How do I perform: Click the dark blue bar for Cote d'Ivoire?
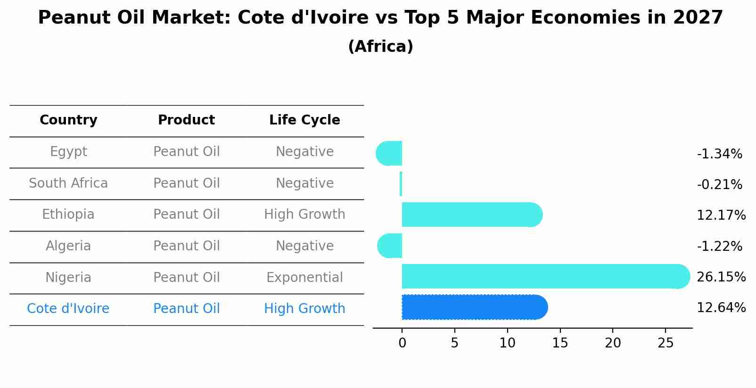(x=474, y=307)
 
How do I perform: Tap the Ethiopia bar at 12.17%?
(x=471, y=215)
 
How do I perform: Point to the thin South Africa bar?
(x=401, y=184)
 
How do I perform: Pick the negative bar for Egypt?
(x=390, y=153)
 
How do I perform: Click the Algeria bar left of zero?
(x=390, y=246)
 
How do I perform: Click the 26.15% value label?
(x=721, y=277)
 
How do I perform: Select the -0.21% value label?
(x=719, y=185)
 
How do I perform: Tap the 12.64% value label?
(x=721, y=308)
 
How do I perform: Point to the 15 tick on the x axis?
(x=560, y=343)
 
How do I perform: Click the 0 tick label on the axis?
(x=402, y=343)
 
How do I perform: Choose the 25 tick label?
(x=666, y=343)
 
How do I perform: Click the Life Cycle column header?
(x=304, y=120)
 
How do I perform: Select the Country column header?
(x=68, y=120)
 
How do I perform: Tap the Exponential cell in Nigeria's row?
(x=304, y=278)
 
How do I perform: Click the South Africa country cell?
(x=68, y=183)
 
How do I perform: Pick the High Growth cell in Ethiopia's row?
(x=304, y=215)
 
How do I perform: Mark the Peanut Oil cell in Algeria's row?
(x=186, y=246)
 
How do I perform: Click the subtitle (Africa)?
(x=380, y=47)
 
